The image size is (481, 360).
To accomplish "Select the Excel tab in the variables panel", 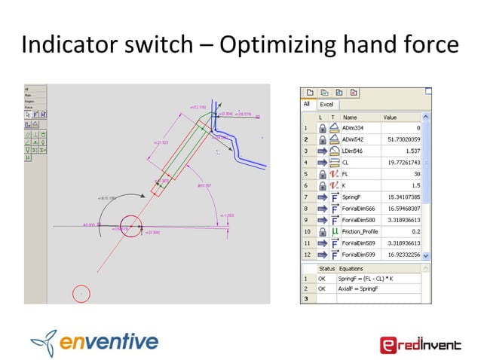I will (x=326, y=105).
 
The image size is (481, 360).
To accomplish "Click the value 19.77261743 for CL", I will (x=400, y=162).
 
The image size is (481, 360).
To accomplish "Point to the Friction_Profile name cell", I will (x=363, y=232).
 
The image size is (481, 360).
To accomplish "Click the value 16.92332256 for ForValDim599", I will (x=399, y=255).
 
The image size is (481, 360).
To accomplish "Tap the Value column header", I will (x=390, y=117).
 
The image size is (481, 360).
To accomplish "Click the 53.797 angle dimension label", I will (x=204, y=184).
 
